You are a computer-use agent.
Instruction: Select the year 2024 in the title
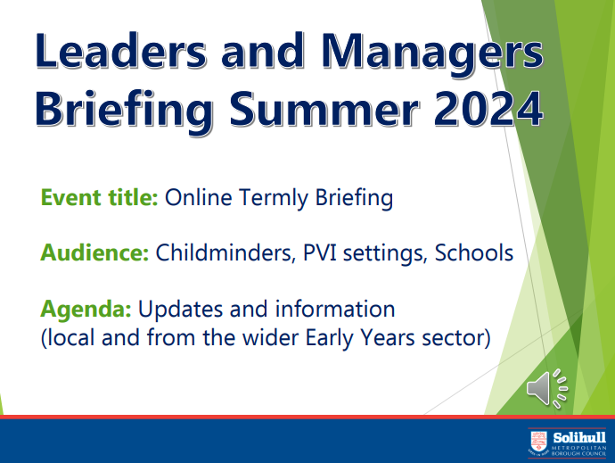(x=488, y=108)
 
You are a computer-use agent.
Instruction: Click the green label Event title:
(x=99, y=197)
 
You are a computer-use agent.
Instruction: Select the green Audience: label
(x=94, y=252)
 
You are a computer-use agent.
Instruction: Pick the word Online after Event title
(x=199, y=197)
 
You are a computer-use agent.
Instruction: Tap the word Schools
(x=474, y=252)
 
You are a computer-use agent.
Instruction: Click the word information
(x=335, y=309)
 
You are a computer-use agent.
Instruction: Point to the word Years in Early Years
(x=388, y=337)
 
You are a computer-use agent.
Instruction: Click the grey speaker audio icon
(x=547, y=388)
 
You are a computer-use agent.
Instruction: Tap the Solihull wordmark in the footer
(x=579, y=437)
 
